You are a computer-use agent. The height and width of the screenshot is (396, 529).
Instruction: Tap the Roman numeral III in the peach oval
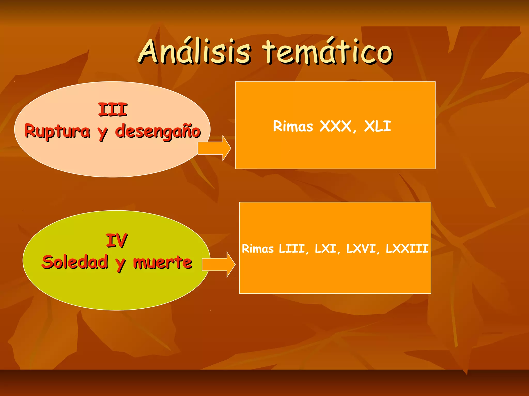coord(113,110)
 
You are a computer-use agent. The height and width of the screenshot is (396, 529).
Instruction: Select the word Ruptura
coord(57,131)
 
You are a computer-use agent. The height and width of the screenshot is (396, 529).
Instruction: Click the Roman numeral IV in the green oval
coord(117,241)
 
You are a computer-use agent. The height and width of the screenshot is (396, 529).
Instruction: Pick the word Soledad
coord(75,262)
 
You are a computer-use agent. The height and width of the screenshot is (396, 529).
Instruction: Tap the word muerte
coord(162,262)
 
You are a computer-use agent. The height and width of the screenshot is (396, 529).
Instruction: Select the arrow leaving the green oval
coord(219,265)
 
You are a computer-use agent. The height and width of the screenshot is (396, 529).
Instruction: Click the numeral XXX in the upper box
coord(336,126)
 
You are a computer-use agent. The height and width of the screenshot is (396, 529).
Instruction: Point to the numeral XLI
coord(377,126)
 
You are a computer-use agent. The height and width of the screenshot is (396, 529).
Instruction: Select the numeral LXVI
coord(361,249)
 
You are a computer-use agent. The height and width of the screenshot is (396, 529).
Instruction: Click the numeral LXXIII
coord(407,249)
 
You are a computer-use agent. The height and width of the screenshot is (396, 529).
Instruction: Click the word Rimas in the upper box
coord(293,126)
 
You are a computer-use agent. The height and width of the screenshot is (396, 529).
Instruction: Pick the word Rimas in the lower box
coord(258,249)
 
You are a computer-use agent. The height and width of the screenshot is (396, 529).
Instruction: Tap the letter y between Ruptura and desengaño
coord(103,133)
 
